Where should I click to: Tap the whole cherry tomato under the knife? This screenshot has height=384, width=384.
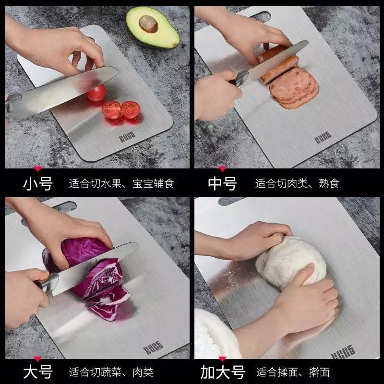click(x=96, y=92)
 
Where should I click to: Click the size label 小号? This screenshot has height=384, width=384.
click(x=38, y=183)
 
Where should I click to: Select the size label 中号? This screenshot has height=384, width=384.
click(x=222, y=183)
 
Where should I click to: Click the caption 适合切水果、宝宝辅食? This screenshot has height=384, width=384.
click(x=121, y=183)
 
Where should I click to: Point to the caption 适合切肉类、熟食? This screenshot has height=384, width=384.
click(x=297, y=183)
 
